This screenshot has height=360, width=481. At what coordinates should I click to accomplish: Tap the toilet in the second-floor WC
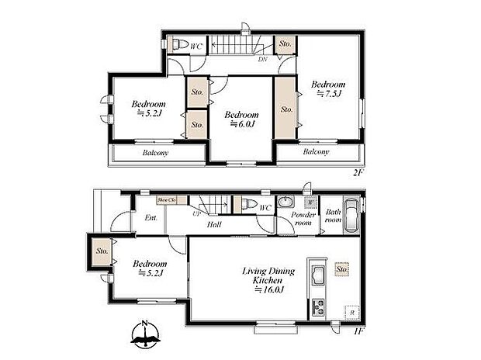pos(177,43)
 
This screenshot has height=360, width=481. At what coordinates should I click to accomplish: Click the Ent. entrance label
pos(151,218)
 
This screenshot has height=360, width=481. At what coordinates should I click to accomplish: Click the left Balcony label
pos(155,153)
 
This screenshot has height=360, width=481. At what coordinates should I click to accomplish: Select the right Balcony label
pos(316,152)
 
